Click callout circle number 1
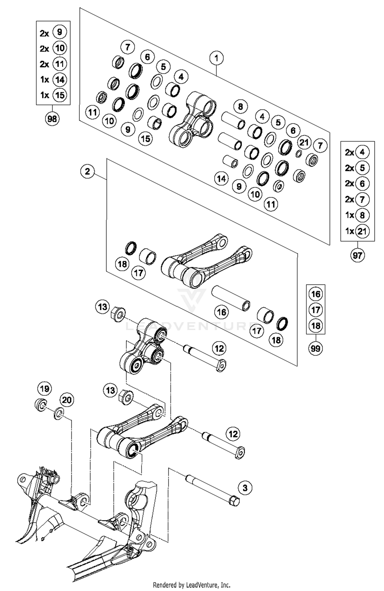click(216, 58)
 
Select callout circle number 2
click(87, 171)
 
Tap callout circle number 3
click(245, 488)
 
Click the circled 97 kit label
click(357, 255)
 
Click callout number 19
click(45, 389)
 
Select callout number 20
click(67, 400)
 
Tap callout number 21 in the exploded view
click(304, 142)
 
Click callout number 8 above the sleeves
click(240, 106)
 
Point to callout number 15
click(145, 139)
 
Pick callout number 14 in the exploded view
click(221, 178)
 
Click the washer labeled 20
click(59, 414)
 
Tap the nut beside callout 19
click(40, 405)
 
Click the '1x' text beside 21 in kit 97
click(349, 231)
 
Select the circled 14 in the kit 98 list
click(59, 79)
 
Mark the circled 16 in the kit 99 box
click(315, 294)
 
